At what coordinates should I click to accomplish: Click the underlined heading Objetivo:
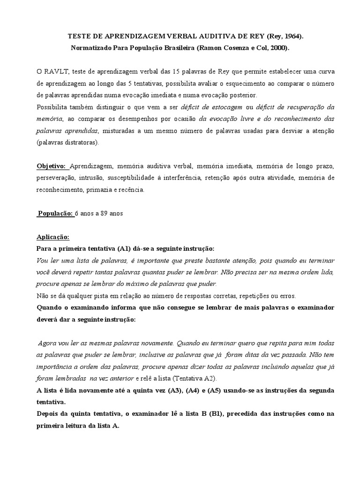point(52,166)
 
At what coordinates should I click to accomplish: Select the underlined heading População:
point(55,213)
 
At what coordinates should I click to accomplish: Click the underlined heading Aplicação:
point(52,237)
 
